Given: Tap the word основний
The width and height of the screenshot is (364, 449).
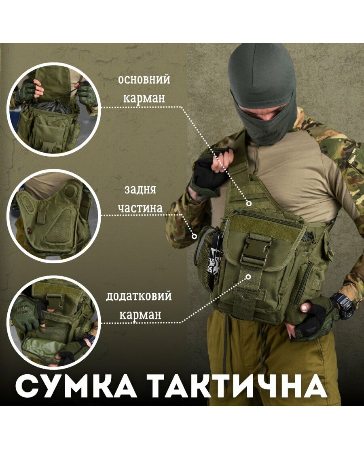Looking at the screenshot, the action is coord(144,79).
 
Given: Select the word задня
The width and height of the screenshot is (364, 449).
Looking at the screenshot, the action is coord(140,189).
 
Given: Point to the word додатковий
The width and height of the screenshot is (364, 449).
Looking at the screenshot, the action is coord(139,296).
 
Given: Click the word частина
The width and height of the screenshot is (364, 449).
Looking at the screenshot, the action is coord(140,208).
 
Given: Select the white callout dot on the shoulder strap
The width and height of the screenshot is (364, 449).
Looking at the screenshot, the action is coord(249,204).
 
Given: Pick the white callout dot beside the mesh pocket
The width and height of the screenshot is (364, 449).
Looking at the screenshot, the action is coord(194,236).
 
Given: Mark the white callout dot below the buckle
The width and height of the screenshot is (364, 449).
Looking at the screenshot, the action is coord(248,277).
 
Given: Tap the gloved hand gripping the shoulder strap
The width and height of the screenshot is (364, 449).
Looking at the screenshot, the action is coord(212,171).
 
